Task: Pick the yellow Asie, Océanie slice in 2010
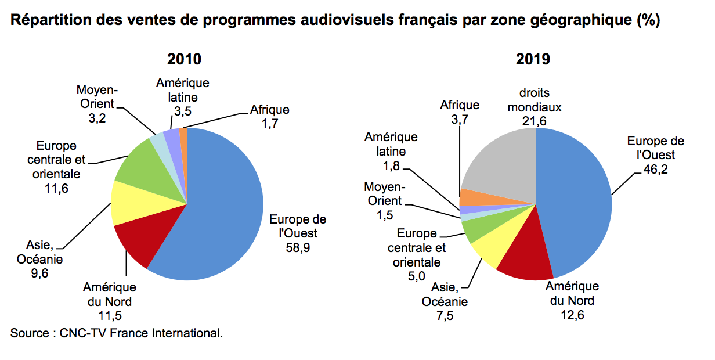[x=131, y=203]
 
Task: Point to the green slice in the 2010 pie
[x=136, y=165]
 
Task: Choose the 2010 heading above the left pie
[x=184, y=59]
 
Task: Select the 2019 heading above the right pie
[x=532, y=59]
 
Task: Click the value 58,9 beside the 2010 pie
[x=298, y=247]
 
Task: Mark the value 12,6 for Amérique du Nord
[x=572, y=315]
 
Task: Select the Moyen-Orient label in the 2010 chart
[x=97, y=98]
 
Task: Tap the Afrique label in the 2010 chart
[x=269, y=109]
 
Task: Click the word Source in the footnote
[x=29, y=334]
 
